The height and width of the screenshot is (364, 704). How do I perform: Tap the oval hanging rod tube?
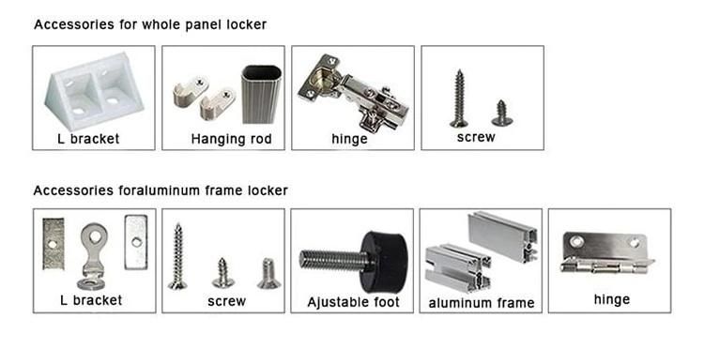coord(261,94)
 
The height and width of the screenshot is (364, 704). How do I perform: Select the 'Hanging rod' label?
coord(231,139)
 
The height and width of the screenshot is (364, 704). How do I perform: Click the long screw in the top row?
coord(459,99)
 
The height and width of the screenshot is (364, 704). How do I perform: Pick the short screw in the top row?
coord(502,114)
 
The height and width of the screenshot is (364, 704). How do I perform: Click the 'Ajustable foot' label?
coord(353,302)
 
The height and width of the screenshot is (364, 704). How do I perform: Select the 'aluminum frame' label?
coord(482,303)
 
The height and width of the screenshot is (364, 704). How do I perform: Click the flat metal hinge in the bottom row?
coord(606,253)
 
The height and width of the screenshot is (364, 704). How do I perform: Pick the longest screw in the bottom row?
coord(177,257)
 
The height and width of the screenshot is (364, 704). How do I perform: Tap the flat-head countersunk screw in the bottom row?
coord(268,273)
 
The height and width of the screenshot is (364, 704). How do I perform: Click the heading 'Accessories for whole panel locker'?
coord(150,24)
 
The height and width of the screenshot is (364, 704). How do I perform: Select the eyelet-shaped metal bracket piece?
coord(93,257)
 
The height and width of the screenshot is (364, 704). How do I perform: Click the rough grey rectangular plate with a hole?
coord(54,244)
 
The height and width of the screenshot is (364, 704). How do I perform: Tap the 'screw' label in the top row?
coord(476,137)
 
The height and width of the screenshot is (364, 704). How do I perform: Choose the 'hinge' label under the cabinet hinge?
coord(349,139)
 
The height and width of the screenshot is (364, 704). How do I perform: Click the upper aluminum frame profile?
coord(503,236)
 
